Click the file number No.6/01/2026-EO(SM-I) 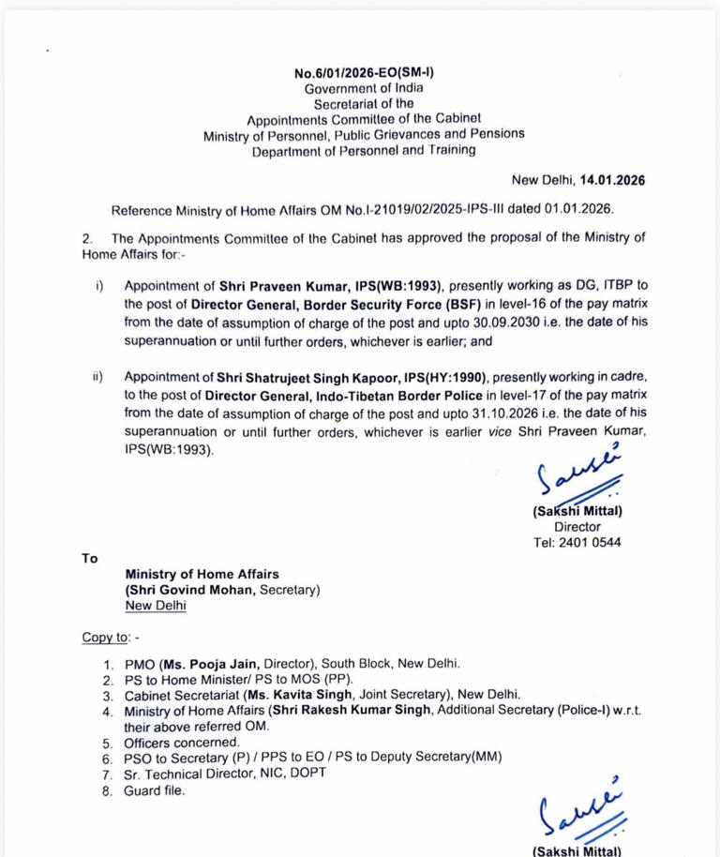coord(364,72)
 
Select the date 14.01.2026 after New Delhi coord(612,180)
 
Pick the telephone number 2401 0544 coord(592,543)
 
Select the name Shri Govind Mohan coord(192,590)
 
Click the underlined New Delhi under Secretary coord(155,606)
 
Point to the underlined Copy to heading coord(106,638)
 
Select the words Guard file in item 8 coord(155,790)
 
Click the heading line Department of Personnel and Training coord(364,150)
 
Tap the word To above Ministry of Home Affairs coord(90,558)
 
